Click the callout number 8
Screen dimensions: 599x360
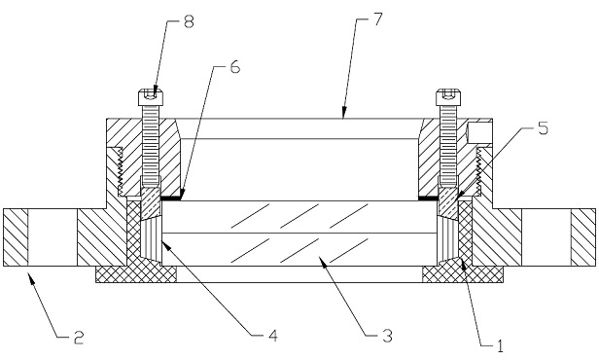[x=189, y=21]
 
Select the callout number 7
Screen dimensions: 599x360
[x=377, y=18]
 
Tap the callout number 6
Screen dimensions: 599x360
[x=234, y=67]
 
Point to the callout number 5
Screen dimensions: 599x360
[x=543, y=128]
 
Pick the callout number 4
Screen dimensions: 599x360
[x=272, y=335]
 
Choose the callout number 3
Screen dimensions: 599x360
[x=387, y=335]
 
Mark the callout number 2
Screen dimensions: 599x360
[x=79, y=338]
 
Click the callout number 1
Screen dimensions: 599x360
[x=500, y=345]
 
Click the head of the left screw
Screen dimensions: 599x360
[x=151, y=97]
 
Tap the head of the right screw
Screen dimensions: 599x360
[x=449, y=97]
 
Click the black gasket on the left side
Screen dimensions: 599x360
[x=170, y=198]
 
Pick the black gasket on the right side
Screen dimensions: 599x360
[x=429, y=198]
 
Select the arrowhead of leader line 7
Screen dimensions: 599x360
[x=343, y=113]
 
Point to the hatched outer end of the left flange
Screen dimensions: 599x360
[x=16, y=237]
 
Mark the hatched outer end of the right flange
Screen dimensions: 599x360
[x=583, y=237]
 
